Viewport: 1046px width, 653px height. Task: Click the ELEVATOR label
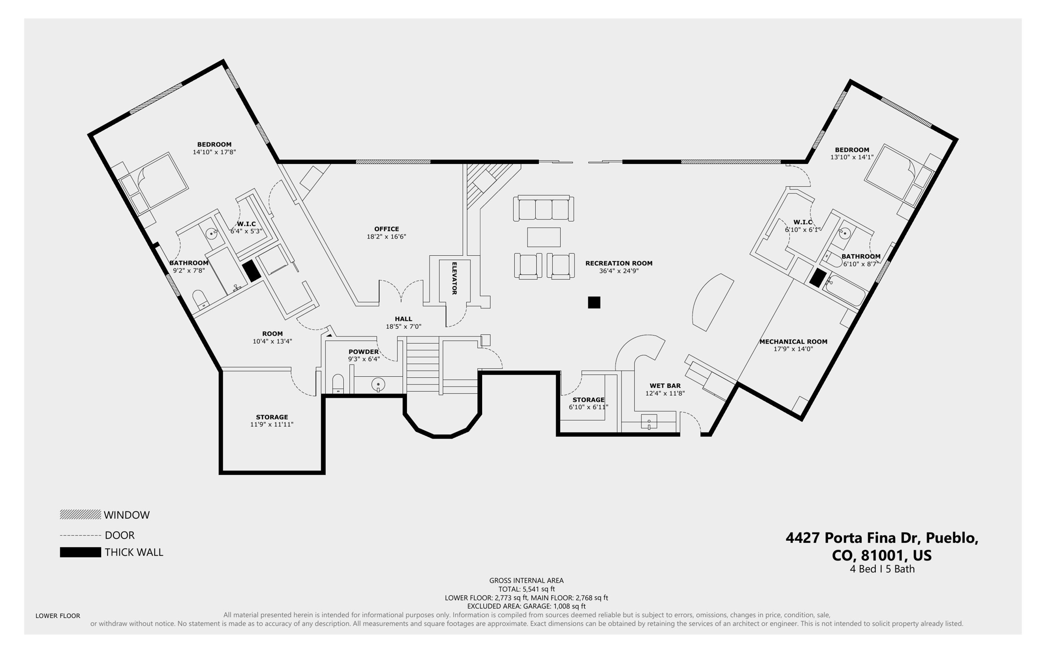[x=454, y=278]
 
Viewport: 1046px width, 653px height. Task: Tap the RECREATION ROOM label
[x=619, y=263]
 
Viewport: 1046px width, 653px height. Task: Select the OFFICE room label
[x=386, y=229]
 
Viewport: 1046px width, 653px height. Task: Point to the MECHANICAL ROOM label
[x=793, y=342]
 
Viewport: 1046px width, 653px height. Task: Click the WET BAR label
[x=665, y=386]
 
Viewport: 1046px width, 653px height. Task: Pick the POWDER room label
[x=364, y=352]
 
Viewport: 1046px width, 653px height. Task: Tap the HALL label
[x=403, y=319]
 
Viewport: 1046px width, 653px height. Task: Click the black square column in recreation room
[x=594, y=302]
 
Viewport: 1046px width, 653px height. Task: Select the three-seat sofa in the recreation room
[x=543, y=208]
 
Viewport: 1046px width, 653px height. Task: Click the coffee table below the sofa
[x=543, y=237]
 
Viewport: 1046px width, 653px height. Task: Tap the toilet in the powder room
[x=338, y=384]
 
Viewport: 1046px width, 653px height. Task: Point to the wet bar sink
[x=649, y=422]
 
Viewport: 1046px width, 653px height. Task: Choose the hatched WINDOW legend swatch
[x=80, y=515]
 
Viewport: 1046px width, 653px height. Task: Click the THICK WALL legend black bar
[x=80, y=552]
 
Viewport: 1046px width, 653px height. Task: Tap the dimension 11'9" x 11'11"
[x=272, y=424]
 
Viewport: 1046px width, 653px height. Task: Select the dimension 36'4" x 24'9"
[x=619, y=271]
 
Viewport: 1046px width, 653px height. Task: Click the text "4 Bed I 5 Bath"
[x=882, y=569]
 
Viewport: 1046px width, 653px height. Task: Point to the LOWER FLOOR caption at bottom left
[x=58, y=616]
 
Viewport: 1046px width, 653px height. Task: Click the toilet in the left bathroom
[x=199, y=299]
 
